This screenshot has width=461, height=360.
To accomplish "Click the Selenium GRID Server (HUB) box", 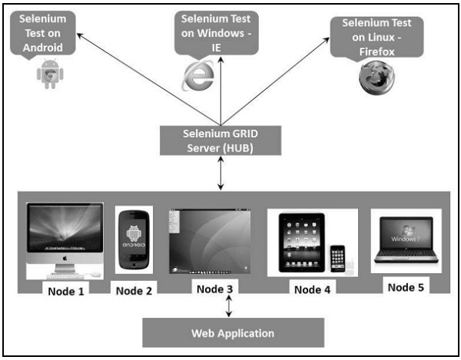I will [x=221, y=138].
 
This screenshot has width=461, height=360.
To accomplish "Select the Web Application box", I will [x=232, y=333].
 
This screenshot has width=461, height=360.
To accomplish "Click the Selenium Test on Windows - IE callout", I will [x=216, y=32].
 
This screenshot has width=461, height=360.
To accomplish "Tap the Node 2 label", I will [x=134, y=290].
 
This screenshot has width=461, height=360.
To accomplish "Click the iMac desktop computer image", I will [x=65, y=240].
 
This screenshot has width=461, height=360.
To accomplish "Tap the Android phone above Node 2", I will [x=134, y=240].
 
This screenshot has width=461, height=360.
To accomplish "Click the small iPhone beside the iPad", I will [x=338, y=259].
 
